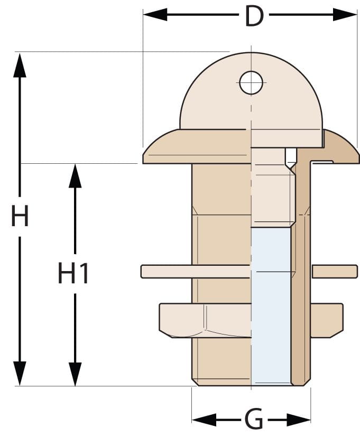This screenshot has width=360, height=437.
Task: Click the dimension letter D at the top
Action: point(254,16)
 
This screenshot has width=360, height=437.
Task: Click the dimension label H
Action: point(20,216)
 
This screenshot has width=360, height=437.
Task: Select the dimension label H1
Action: point(73,273)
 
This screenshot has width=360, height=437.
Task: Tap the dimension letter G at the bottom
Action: point(253,419)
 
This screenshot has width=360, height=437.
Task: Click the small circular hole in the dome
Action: point(251,83)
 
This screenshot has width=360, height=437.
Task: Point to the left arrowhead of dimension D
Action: point(155,14)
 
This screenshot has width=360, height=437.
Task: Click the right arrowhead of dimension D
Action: point(345,14)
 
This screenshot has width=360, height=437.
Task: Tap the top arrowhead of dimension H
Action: point(20,65)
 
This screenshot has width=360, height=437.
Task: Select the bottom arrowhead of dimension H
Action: point(20,374)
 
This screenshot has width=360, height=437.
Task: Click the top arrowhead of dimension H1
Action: point(75,176)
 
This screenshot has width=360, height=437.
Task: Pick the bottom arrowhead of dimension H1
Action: point(75,374)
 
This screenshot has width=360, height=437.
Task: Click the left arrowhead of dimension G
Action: point(204,420)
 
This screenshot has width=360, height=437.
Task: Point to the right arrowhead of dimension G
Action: point(299,420)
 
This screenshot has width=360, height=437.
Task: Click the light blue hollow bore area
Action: point(271,305)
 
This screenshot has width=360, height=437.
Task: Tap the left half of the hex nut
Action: point(205,321)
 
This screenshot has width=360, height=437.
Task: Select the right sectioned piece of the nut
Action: point(327,321)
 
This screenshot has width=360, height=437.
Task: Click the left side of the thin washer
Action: point(195,272)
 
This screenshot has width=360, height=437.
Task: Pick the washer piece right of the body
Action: point(335,272)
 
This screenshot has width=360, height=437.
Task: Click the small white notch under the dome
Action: point(291,158)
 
